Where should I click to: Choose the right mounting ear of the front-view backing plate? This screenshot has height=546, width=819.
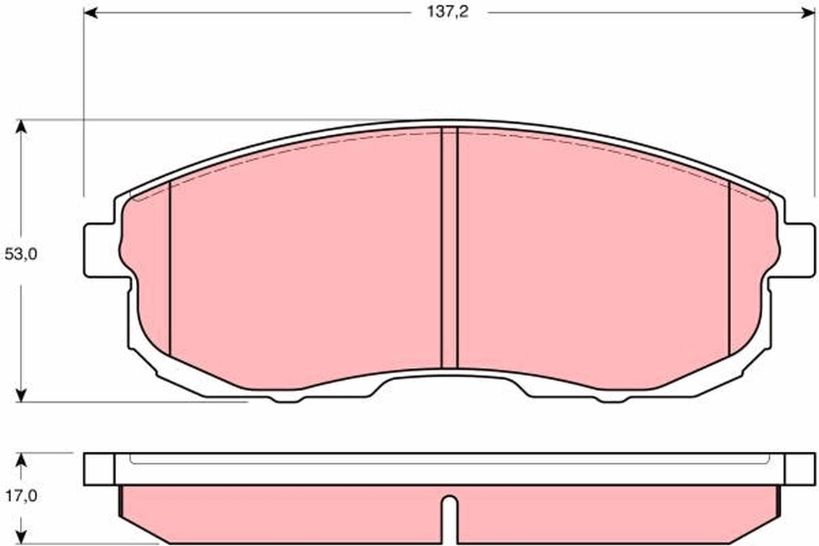point(798,250)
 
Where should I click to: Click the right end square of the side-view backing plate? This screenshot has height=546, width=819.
point(799,469)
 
